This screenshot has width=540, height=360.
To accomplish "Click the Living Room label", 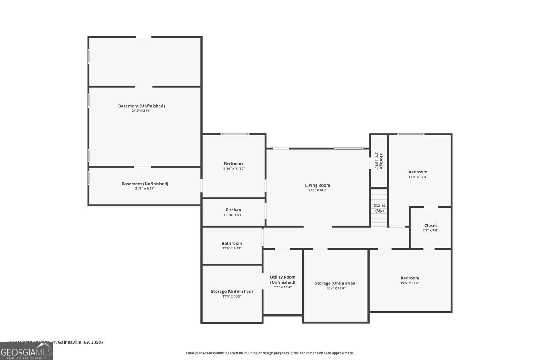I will [x=318, y=185].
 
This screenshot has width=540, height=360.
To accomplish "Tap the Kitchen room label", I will [x=233, y=210].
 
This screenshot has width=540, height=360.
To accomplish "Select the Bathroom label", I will [x=232, y=244].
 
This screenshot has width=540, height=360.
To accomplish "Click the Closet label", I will [x=431, y=226].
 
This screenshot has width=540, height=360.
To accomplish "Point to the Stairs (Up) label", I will [x=380, y=208].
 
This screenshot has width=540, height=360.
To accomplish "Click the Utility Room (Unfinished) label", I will [x=283, y=280].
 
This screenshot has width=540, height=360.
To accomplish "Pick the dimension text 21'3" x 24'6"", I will [x=141, y=111].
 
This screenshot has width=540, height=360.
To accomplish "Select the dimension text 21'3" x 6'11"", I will [x=145, y=189].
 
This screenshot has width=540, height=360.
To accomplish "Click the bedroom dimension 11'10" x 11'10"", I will [x=233, y=169].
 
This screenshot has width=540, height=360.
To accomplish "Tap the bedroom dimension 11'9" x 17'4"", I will [x=418, y=177].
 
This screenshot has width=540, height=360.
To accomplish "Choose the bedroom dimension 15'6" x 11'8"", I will [x=410, y=283].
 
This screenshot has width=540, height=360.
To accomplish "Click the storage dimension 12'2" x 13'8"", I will [x=336, y=288].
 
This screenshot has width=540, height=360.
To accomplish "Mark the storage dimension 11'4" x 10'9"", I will [x=232, y=296].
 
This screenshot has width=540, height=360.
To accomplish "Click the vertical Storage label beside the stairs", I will [x=381, y=161].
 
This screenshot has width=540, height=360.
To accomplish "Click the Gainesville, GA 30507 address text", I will [x=80, y=342].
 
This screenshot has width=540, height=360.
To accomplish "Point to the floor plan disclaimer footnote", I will [x=270, y=353].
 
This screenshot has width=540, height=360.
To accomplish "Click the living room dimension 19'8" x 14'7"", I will [x=318, y=190].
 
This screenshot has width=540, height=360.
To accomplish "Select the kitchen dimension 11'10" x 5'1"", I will [x=233, y=215].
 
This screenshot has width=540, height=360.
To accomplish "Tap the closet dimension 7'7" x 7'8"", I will [x=431, y=230].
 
